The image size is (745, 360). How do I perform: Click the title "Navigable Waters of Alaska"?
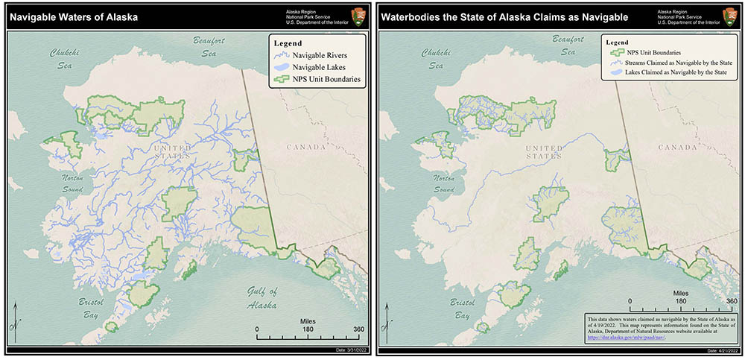pos(74,16)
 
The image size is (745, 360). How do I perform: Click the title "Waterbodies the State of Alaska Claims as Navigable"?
pos(505,16)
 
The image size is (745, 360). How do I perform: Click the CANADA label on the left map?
pos(306,147)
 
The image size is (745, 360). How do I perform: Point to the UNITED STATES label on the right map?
pos(543,153)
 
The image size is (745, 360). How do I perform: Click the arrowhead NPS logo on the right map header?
pos(730,15)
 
